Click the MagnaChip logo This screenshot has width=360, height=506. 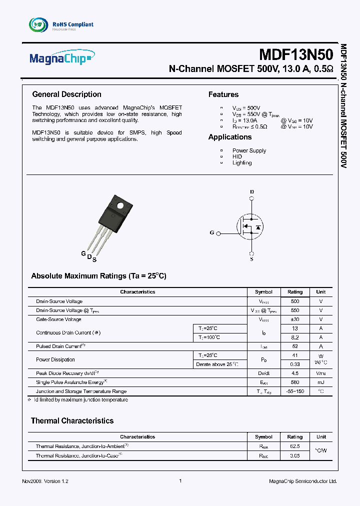pos(60,59)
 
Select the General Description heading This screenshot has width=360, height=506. pos(66,94)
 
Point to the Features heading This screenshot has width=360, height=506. pos(223,94)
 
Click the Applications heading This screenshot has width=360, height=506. pos(230,137)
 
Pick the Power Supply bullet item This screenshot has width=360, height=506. pos(249,150)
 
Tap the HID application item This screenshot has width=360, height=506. pos(237,156)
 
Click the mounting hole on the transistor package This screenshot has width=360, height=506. pos(120,205)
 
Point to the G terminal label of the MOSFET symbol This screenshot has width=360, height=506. pos(212,232)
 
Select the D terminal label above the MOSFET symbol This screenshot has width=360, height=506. pos(251,192)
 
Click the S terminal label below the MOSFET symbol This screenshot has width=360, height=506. pos(251,259)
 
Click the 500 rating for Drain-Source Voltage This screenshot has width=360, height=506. pos(295,301)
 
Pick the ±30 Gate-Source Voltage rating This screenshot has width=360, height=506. pos(295,319)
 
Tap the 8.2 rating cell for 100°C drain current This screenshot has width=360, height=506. pos(295,337)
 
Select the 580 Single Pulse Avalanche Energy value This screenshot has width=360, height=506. pos(295,382)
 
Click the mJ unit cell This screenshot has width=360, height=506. pos(321,382)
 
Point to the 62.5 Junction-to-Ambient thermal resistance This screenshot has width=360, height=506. pos(295,446)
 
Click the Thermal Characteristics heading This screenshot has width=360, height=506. pos(72,421)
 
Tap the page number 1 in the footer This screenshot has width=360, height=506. pos(180,481)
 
